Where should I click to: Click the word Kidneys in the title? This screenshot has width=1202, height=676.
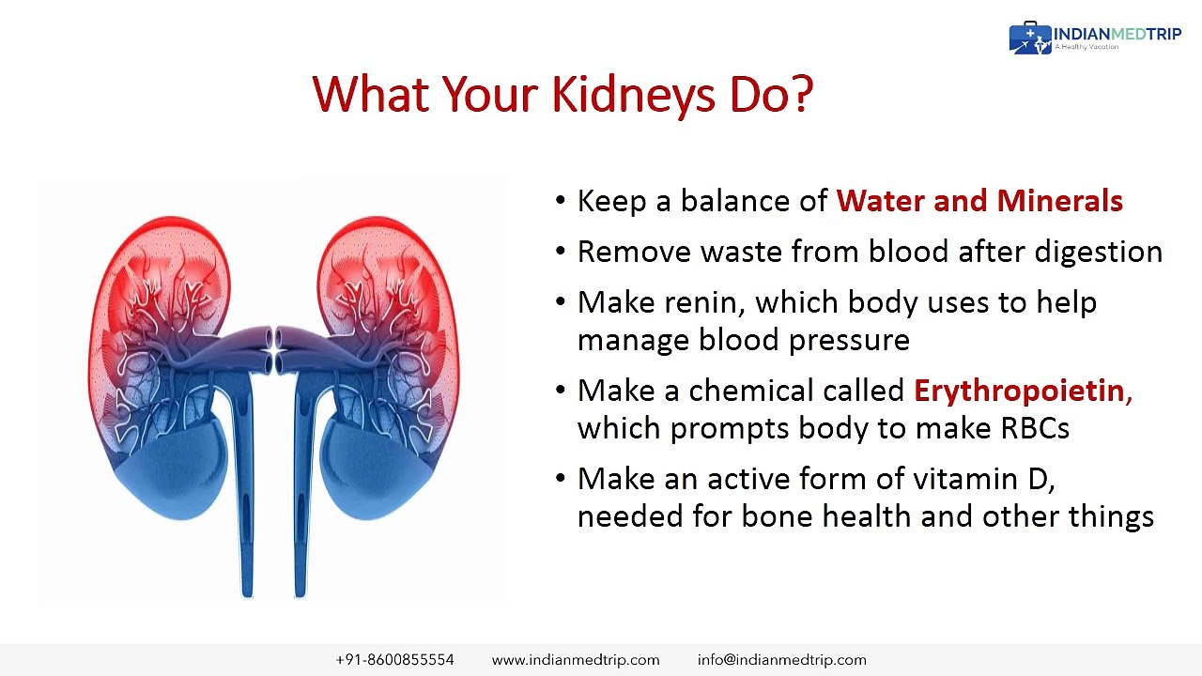point(633,96)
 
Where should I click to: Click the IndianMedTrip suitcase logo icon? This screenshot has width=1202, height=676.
point(1030,38)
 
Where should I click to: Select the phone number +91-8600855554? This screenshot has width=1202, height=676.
point(394,659)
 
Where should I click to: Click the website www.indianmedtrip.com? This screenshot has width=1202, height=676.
point(576,660)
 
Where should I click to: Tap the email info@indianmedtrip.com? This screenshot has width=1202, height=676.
point(782,660)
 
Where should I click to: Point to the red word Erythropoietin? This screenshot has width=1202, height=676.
point(1019,390)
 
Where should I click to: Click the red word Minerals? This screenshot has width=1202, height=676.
point(1059,201)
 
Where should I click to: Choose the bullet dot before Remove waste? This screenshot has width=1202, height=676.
point(561,251)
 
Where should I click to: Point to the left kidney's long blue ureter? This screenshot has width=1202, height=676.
point(245,483)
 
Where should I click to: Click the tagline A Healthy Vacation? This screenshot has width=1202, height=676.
point(1086,47)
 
